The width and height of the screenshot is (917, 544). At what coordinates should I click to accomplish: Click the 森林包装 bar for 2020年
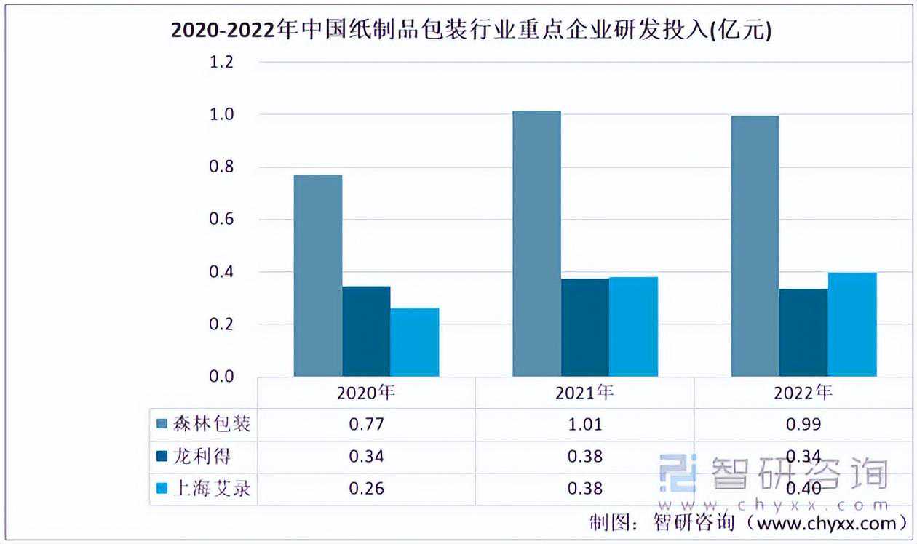tap(318, 276)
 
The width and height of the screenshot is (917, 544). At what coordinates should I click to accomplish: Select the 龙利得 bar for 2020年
tap(366, 331)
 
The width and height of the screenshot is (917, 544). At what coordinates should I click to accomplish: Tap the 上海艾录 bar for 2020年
tap(415, 342)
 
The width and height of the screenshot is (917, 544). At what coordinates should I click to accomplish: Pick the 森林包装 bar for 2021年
tap(536, 244)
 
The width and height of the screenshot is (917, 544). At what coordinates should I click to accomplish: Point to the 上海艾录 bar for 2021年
tap(633, 327)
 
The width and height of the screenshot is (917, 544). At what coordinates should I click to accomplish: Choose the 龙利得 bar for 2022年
tap(803, 332)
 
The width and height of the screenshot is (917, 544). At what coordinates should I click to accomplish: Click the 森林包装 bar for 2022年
tap(755, 246)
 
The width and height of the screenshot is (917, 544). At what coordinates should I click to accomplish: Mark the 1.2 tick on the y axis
tap(221, 63)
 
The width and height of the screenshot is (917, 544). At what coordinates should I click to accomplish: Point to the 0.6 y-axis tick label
tap(221, 220)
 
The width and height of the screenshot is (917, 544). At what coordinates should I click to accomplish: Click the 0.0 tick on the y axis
tap(221, 377)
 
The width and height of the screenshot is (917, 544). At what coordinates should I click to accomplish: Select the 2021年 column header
tap(584, 393)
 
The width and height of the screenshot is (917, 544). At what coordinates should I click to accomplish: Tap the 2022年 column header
tap(803, 393)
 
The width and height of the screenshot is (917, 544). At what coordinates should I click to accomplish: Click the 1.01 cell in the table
tap(584, 424)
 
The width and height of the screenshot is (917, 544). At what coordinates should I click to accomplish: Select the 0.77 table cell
tap(366, 424)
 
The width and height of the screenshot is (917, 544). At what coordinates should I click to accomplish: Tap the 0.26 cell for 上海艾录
tap(366, 488)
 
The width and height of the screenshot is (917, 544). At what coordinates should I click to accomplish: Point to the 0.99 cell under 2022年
tap(803, 424)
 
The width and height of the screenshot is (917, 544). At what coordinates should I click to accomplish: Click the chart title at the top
tap(470, 31)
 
